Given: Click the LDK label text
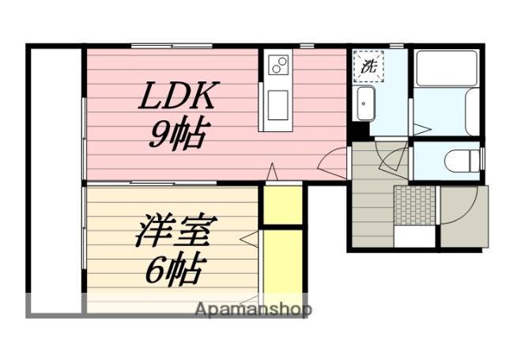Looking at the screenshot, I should (x=178, y=99).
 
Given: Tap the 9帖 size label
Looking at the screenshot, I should (x=178, y=135).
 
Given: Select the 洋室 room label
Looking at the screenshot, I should (x=176, y=235).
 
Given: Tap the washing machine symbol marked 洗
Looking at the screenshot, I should (x=368, y=67).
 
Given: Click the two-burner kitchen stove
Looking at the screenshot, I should (x=279, y=66).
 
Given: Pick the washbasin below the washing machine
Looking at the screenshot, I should (x=366, y=103).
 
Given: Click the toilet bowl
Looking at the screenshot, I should (x=459, y=161).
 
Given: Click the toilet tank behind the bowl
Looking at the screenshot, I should (x=477, y=160).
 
